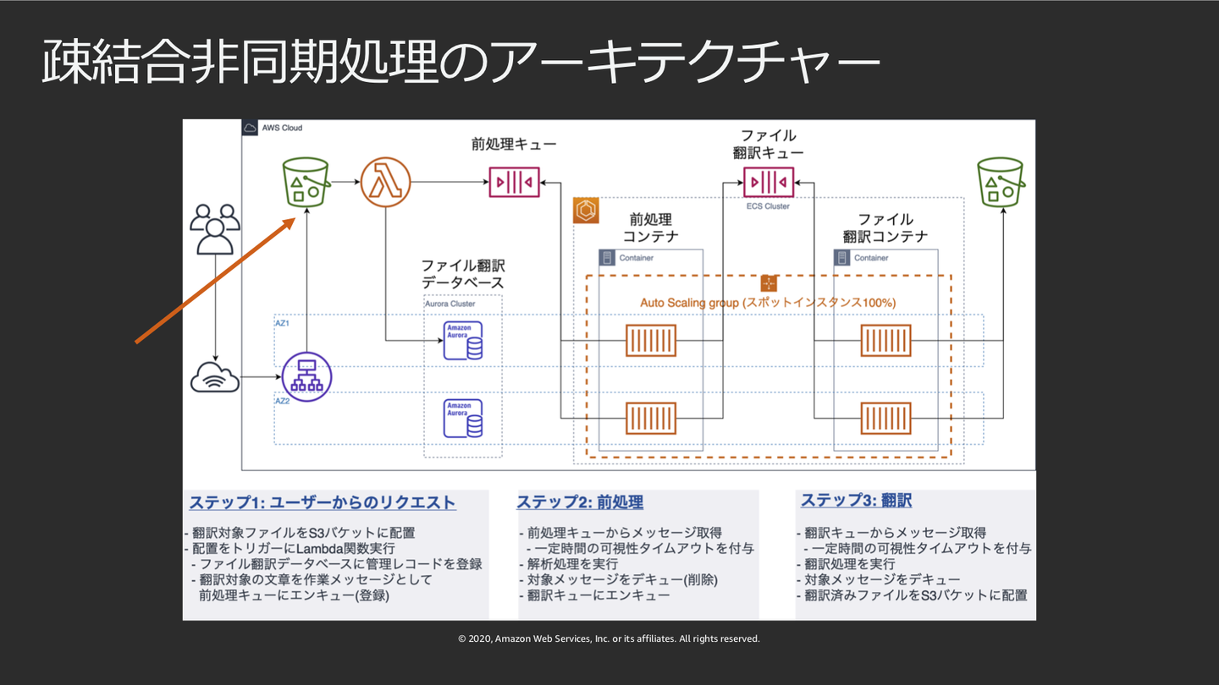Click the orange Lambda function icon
tap(386, 180)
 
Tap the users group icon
tap(215, 228)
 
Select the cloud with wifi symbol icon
tap(215, 377)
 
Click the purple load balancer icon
tap(306, 377)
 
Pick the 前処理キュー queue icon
tap(514, 181)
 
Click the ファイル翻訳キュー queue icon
tap(769, 181)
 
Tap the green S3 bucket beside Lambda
tap(306, 180)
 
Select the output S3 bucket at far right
tap(1001, 181)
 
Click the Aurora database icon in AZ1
tap(463, 340)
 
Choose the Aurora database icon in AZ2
tap(463, 418)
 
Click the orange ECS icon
tap(586, 211)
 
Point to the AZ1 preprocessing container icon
tap(650, 340)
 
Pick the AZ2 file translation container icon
tap(885, 418)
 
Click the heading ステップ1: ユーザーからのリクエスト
tap(323, 502)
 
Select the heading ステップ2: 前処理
tap(580, 502)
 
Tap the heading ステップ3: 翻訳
tap(856, 501)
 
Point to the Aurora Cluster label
tap(450, 304)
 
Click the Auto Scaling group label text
tap(768, 303)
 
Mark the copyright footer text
tap(609, 639)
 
